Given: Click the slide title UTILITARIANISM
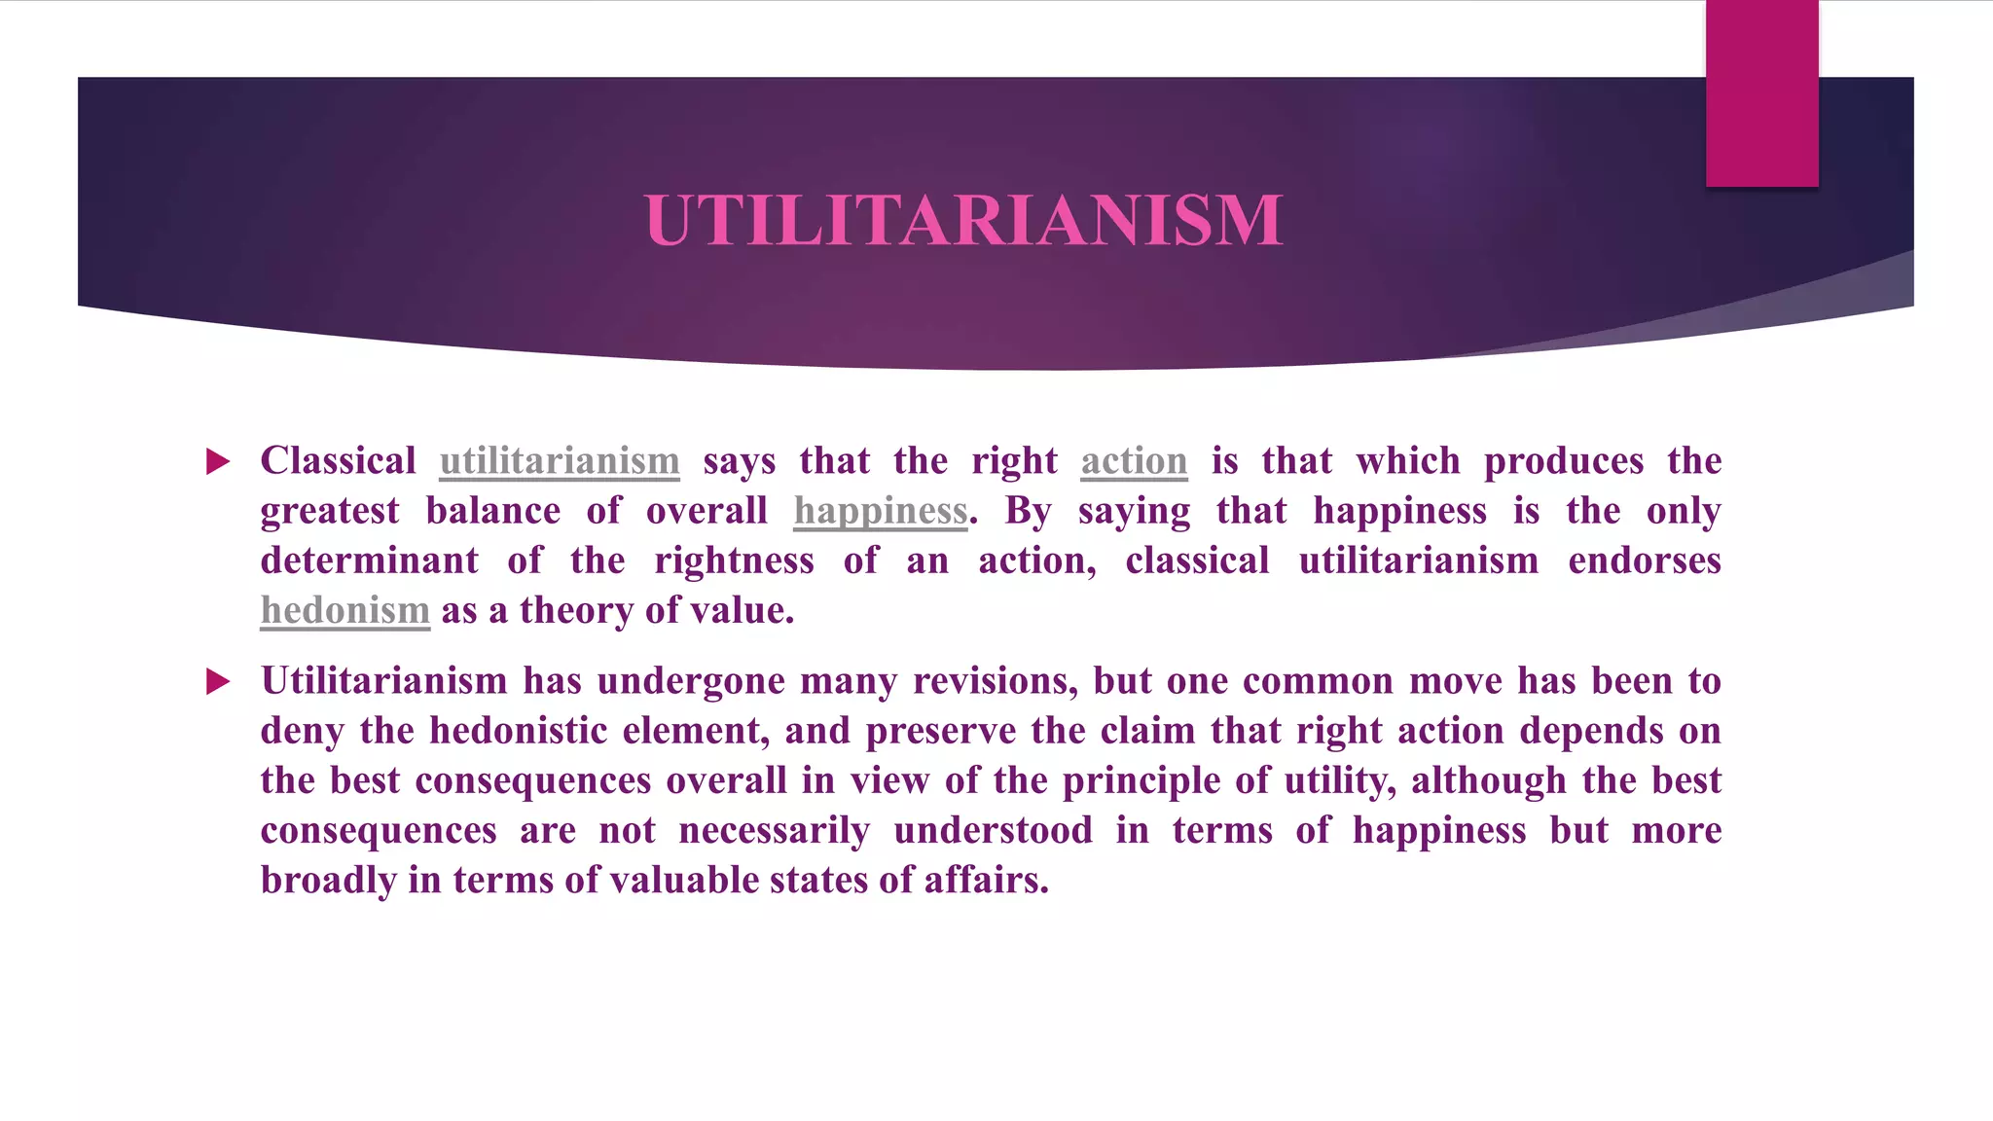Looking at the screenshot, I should (963, 220).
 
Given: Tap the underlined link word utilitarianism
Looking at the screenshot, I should (560, 461).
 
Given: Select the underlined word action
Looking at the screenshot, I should (1134, 461).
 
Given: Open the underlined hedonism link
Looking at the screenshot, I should (344, 611).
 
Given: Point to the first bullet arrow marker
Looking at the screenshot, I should (219, 461).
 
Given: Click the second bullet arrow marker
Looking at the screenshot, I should (219, 681).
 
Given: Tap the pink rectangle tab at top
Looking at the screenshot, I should (1761, 92).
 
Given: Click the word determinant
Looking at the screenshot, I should (370, 561).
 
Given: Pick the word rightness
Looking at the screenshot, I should (734, 561).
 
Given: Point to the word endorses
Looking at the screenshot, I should (1645, 561).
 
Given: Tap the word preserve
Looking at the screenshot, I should (941, 732).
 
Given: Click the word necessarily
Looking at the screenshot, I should (775, 831).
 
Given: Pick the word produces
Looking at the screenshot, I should (1564, 461).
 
